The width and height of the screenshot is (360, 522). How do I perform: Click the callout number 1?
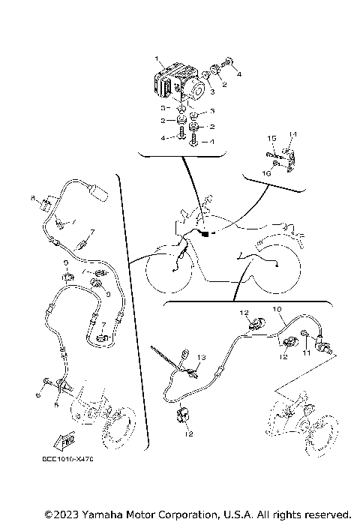point(157,58)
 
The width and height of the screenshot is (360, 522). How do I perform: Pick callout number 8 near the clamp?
point(33,197)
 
